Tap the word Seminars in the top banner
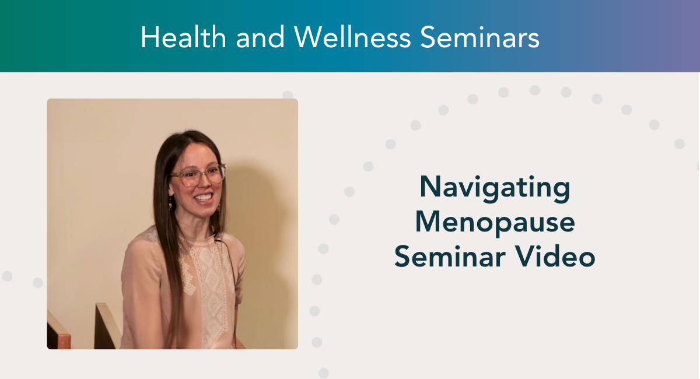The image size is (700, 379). [480, 38]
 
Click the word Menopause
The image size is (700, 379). [495, 223]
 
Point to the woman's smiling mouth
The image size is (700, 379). [202, 198]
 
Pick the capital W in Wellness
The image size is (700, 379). [308, 38]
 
